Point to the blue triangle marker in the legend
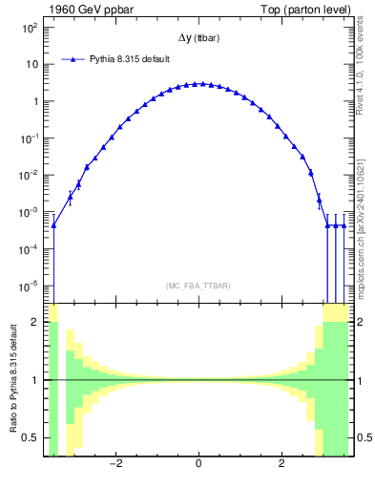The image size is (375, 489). [73, 59]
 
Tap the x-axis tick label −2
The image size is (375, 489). [115, 465]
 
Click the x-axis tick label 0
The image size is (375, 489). [198, 465]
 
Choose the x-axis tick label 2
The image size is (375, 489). [281, 465]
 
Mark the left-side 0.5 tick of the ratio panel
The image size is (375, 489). [30, 438]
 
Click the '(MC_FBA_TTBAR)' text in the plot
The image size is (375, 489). [198, 286]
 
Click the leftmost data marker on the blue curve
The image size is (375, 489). [53, 225]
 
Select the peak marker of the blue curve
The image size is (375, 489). [198, 84]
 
